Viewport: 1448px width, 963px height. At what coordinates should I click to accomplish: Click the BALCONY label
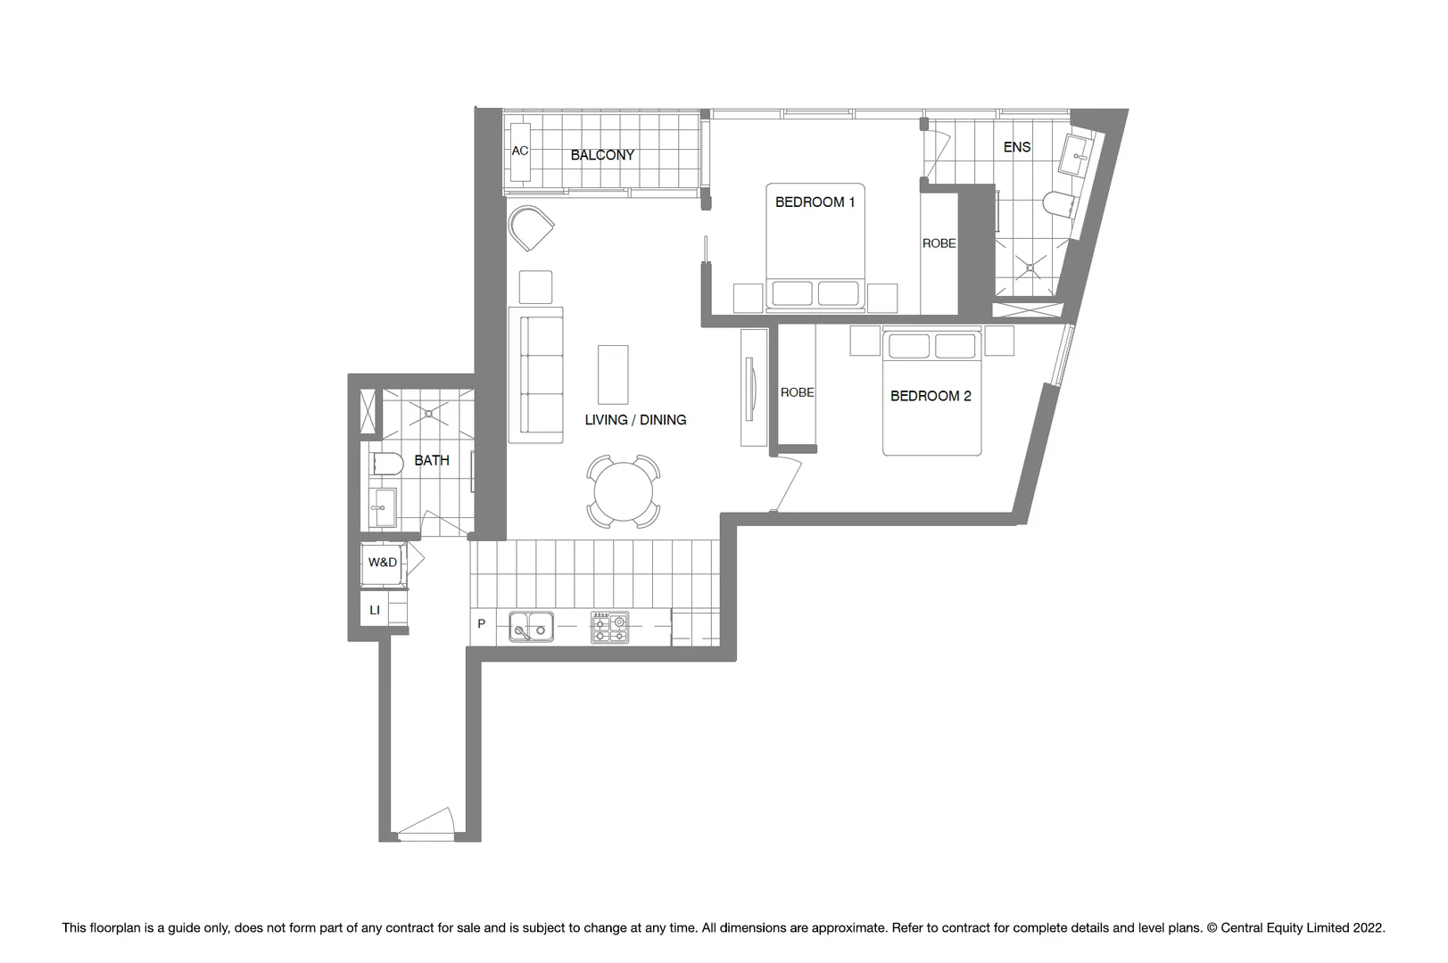click(x=602, y=155)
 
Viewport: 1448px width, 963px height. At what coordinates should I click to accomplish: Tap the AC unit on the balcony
click(x=520, y=151)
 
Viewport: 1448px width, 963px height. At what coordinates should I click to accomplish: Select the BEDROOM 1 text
click(x=815, y=202)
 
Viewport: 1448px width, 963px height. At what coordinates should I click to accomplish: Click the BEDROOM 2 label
click(x=931, y=396)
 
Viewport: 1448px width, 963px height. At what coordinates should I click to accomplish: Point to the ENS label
click(x=1017, y=147)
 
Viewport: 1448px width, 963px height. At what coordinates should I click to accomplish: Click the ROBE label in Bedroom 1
click(x=939, y=243)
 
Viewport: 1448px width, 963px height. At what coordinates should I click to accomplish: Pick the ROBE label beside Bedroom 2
click(x=797, y=392)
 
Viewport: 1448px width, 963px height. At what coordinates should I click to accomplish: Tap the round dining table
click(x=624, y=491)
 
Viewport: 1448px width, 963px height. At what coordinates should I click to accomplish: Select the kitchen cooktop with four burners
click(x=609, y=627)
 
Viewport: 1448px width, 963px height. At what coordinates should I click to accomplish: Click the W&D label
click(x=383, y=563)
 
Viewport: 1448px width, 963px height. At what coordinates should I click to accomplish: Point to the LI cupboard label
click(x=375, y=611)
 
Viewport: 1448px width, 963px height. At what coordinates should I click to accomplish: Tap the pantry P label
click(x=482, y=624)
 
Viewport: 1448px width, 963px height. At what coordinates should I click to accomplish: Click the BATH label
click(x=432, y=461)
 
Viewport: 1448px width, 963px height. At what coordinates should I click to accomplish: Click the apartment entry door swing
click(x=428, y=825)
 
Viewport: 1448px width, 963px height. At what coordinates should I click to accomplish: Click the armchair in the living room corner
click(x=531, y=227)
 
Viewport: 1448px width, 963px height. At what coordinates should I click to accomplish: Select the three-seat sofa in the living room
click(x=536, y=375)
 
